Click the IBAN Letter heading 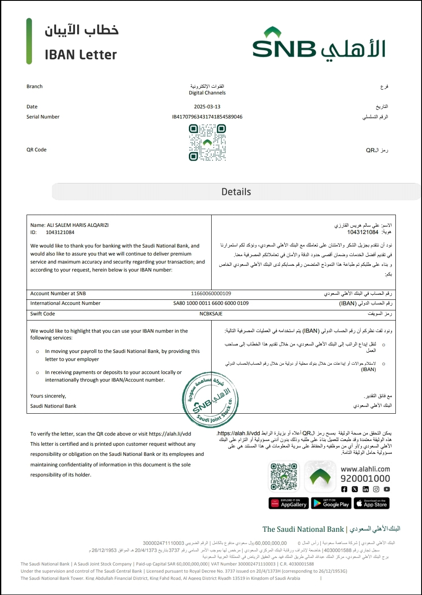(81, 54)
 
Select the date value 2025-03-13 (207, 107)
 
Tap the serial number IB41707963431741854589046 (207, 117)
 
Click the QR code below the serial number (207, 143)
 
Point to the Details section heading (236, 192)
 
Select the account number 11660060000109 (211, 293)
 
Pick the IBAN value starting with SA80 (211, 303)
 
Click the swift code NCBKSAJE (211, 314)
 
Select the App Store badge (371, 503)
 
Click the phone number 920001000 (365, 479)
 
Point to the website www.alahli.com (365, 469)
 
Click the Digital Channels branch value (207, 93)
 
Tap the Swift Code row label (43, 314)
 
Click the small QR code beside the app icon (284, 477)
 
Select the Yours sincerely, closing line (48, 396)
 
